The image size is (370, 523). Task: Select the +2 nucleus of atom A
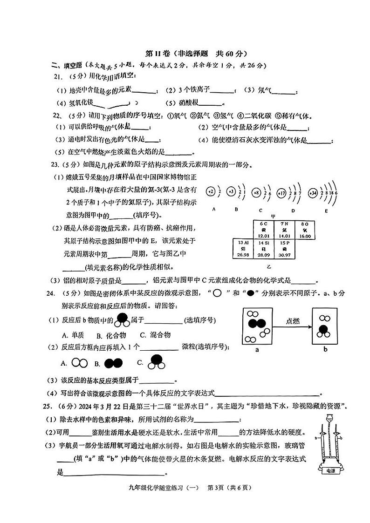211,192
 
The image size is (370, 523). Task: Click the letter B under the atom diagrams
236,210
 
